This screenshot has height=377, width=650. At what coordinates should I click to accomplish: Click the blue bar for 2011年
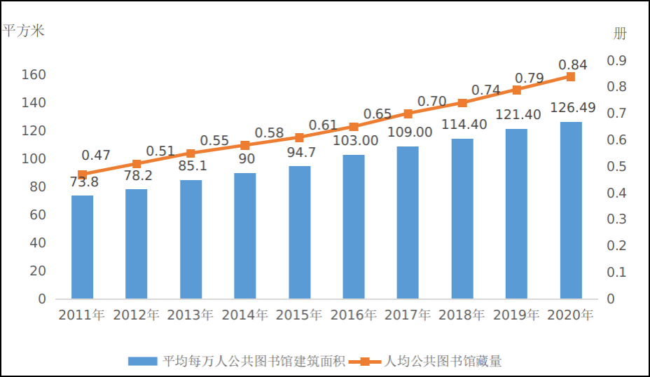click(82, 247)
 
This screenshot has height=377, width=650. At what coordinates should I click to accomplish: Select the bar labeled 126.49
click(571, 210)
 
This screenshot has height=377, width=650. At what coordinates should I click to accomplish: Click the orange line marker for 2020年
click(571, 76)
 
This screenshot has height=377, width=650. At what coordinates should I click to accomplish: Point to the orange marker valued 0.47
click(82, 174)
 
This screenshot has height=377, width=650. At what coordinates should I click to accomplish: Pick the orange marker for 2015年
click(299, 137)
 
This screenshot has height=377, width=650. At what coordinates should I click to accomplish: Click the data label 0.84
click(572, 64)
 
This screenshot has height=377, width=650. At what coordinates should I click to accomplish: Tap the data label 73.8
click(83, 183)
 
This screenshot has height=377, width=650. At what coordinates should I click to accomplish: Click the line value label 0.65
click(378, 114)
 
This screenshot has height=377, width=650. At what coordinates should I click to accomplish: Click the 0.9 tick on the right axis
click(616, 61)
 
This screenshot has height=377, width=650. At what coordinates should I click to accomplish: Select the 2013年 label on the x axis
click(191, 315)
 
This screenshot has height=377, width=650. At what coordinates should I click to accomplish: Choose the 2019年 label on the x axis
click(516, 315)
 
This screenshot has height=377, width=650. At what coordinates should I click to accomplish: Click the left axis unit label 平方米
click(24, 32)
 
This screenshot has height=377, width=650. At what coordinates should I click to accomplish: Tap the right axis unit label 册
click(620, 33)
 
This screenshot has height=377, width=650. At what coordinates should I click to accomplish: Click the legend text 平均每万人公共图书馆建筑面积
click(254, 362)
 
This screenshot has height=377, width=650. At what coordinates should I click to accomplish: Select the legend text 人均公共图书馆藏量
click(443, 362)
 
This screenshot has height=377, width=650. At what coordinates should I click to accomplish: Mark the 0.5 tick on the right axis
click(616, 167)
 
